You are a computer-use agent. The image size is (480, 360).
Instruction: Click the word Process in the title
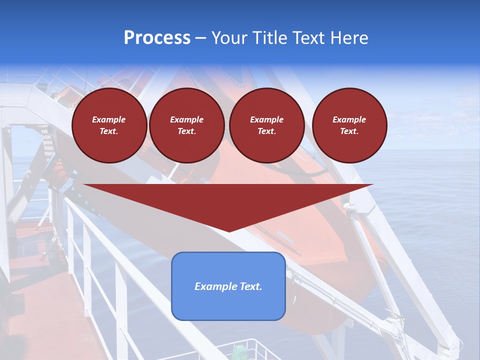157,38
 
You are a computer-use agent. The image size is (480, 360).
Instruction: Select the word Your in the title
228,38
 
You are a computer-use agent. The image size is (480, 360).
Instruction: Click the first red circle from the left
109,125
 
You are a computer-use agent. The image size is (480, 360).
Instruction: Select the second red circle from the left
186,125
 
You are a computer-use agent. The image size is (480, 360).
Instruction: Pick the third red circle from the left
266,125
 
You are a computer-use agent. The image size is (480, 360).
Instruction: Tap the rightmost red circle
349,125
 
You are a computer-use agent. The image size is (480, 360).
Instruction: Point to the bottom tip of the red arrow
229,231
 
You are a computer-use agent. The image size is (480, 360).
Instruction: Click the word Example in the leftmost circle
109,119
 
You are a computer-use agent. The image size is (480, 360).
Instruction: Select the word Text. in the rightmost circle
349,131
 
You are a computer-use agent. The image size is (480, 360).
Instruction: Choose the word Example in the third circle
266,119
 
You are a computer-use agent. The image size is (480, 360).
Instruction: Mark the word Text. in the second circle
186,131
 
